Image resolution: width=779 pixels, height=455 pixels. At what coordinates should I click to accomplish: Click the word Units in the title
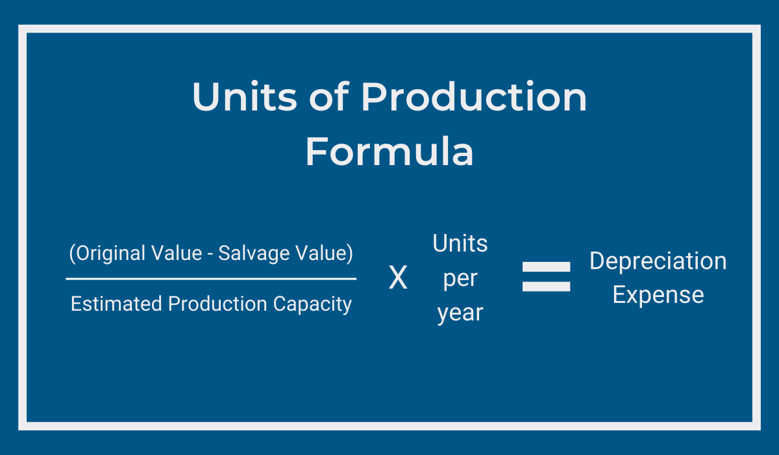245,96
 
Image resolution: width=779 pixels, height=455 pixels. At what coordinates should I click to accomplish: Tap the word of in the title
329,96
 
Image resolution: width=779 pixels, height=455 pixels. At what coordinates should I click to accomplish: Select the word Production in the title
474,96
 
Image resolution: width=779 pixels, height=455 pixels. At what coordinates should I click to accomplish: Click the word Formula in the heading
389,151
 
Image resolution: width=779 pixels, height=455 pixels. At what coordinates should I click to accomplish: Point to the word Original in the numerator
110,253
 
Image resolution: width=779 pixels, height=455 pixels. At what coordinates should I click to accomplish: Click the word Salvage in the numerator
254,253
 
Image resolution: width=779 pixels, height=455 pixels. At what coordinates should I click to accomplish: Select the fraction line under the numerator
211,279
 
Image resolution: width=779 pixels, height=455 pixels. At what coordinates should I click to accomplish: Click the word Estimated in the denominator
116,304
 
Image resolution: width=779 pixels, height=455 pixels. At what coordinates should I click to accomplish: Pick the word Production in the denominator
217,304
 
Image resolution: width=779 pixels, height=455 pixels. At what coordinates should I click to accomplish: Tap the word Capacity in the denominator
312,305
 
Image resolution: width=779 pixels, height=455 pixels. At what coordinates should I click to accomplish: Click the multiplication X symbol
398,277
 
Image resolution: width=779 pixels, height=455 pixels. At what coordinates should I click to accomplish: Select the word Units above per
460,243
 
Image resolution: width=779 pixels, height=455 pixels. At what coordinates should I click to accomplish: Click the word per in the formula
460,279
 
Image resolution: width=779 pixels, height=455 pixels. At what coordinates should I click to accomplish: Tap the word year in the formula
460,313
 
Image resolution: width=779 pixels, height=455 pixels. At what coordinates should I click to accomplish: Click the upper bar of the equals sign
546,266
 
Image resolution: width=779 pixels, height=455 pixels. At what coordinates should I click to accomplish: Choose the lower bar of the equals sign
546,287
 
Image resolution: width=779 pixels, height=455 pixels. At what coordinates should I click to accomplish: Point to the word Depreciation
658,261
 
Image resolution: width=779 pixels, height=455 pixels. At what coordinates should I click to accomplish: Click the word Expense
658,296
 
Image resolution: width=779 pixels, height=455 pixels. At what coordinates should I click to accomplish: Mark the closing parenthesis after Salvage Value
350,253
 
